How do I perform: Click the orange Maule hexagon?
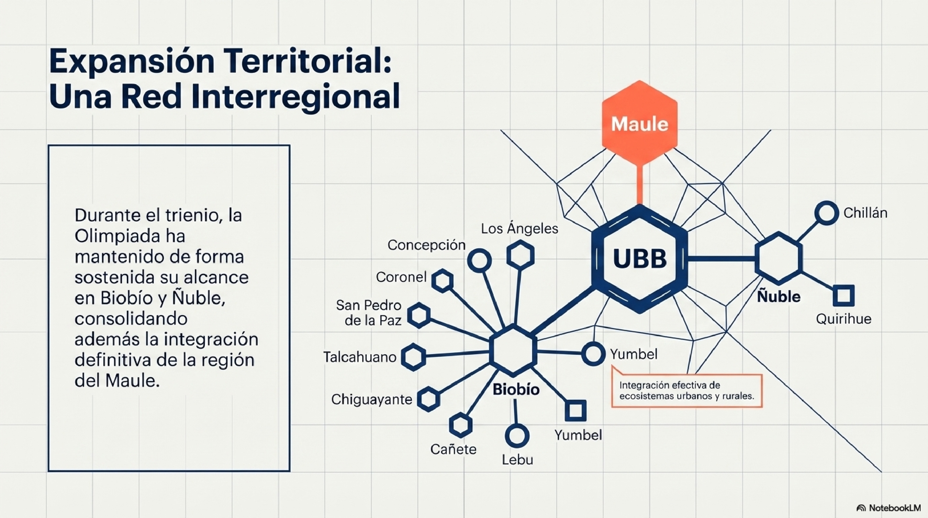(640, 123)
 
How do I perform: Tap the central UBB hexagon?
(640, 259)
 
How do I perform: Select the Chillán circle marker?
(826, 213)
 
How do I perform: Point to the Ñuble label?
(778, 297)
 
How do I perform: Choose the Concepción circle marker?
(479, 260)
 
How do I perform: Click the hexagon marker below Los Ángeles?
(520, 255)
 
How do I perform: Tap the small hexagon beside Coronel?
(442, 281)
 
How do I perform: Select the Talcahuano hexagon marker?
(413, 357)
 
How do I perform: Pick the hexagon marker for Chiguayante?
(429, 399)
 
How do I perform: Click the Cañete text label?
(453, 449)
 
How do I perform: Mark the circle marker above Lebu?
(517, 435)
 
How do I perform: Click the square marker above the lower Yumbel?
(575, 410)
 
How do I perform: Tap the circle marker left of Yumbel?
(592, 354)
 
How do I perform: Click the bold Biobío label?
(516, 389)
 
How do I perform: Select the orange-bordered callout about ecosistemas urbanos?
(687, 391)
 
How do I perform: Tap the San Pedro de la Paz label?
(369, 313)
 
